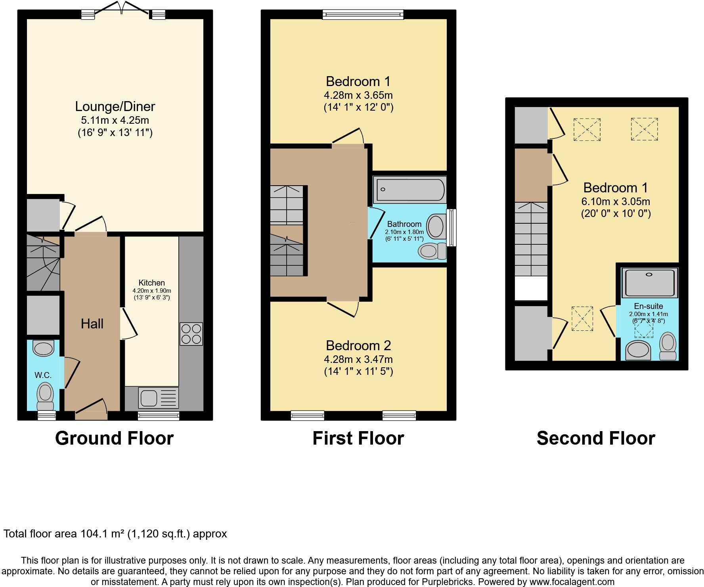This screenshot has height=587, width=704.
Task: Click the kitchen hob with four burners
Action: point(191,334)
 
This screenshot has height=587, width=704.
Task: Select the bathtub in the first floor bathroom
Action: point(409,190)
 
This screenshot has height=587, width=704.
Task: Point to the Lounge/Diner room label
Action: point(115,106)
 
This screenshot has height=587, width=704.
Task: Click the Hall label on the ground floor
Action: point(92,324)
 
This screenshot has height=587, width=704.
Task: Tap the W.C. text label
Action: point(43,375)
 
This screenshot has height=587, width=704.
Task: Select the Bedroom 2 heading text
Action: point(358,345)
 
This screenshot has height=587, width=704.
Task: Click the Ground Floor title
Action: point(114,438)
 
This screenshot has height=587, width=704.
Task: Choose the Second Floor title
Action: point(595,438)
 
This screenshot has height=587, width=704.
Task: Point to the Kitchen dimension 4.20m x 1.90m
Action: point(152,291)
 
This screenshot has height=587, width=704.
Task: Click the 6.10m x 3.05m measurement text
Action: point(616,201)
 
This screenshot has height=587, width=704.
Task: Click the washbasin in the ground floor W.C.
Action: point(43,348)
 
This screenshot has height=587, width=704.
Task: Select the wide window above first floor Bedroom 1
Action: point(363,15)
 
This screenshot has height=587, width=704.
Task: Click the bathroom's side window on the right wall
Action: point(451,228)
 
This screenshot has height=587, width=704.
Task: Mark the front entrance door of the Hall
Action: point(91,412)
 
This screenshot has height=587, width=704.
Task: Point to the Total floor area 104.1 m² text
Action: point(115,534)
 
